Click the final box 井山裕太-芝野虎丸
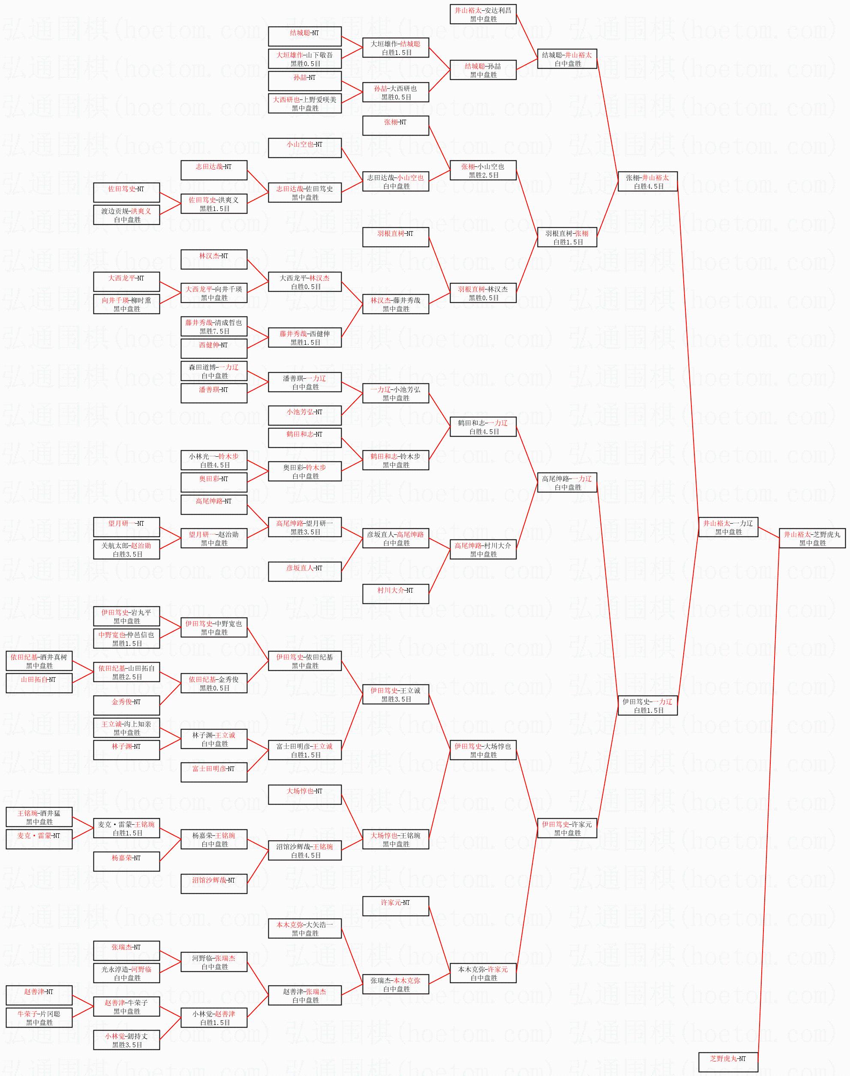pyautogui.click(x=812, y=538)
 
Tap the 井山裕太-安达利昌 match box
pyautogui.click(x=483, y=15)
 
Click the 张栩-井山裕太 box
pyautogui.click(x=647, y=182)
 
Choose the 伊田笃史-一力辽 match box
pyautogui.click(x=647, y=705)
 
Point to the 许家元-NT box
pyautogui.click(x=396, y=907)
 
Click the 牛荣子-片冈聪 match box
pyautogui.click(x=39, y=1018)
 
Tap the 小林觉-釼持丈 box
pyautogui.click(x=126, y=1040)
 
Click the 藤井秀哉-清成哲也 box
pyautogui.click(x=214, y=327)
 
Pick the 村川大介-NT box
pyautogui.click(x=396, y=594)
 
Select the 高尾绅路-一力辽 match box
pyautogui.click(x=567, y=482)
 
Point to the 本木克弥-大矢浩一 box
pyautogui.click(x=305, y=928)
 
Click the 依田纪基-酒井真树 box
pyautogui.click(x=39, y=661)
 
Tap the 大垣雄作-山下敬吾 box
pyautogui.click(x=305, y=59)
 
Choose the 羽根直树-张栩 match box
pyautogui.click(x=567, y=238)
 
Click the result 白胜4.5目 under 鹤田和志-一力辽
pyautogui.click(x=484, y=432)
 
